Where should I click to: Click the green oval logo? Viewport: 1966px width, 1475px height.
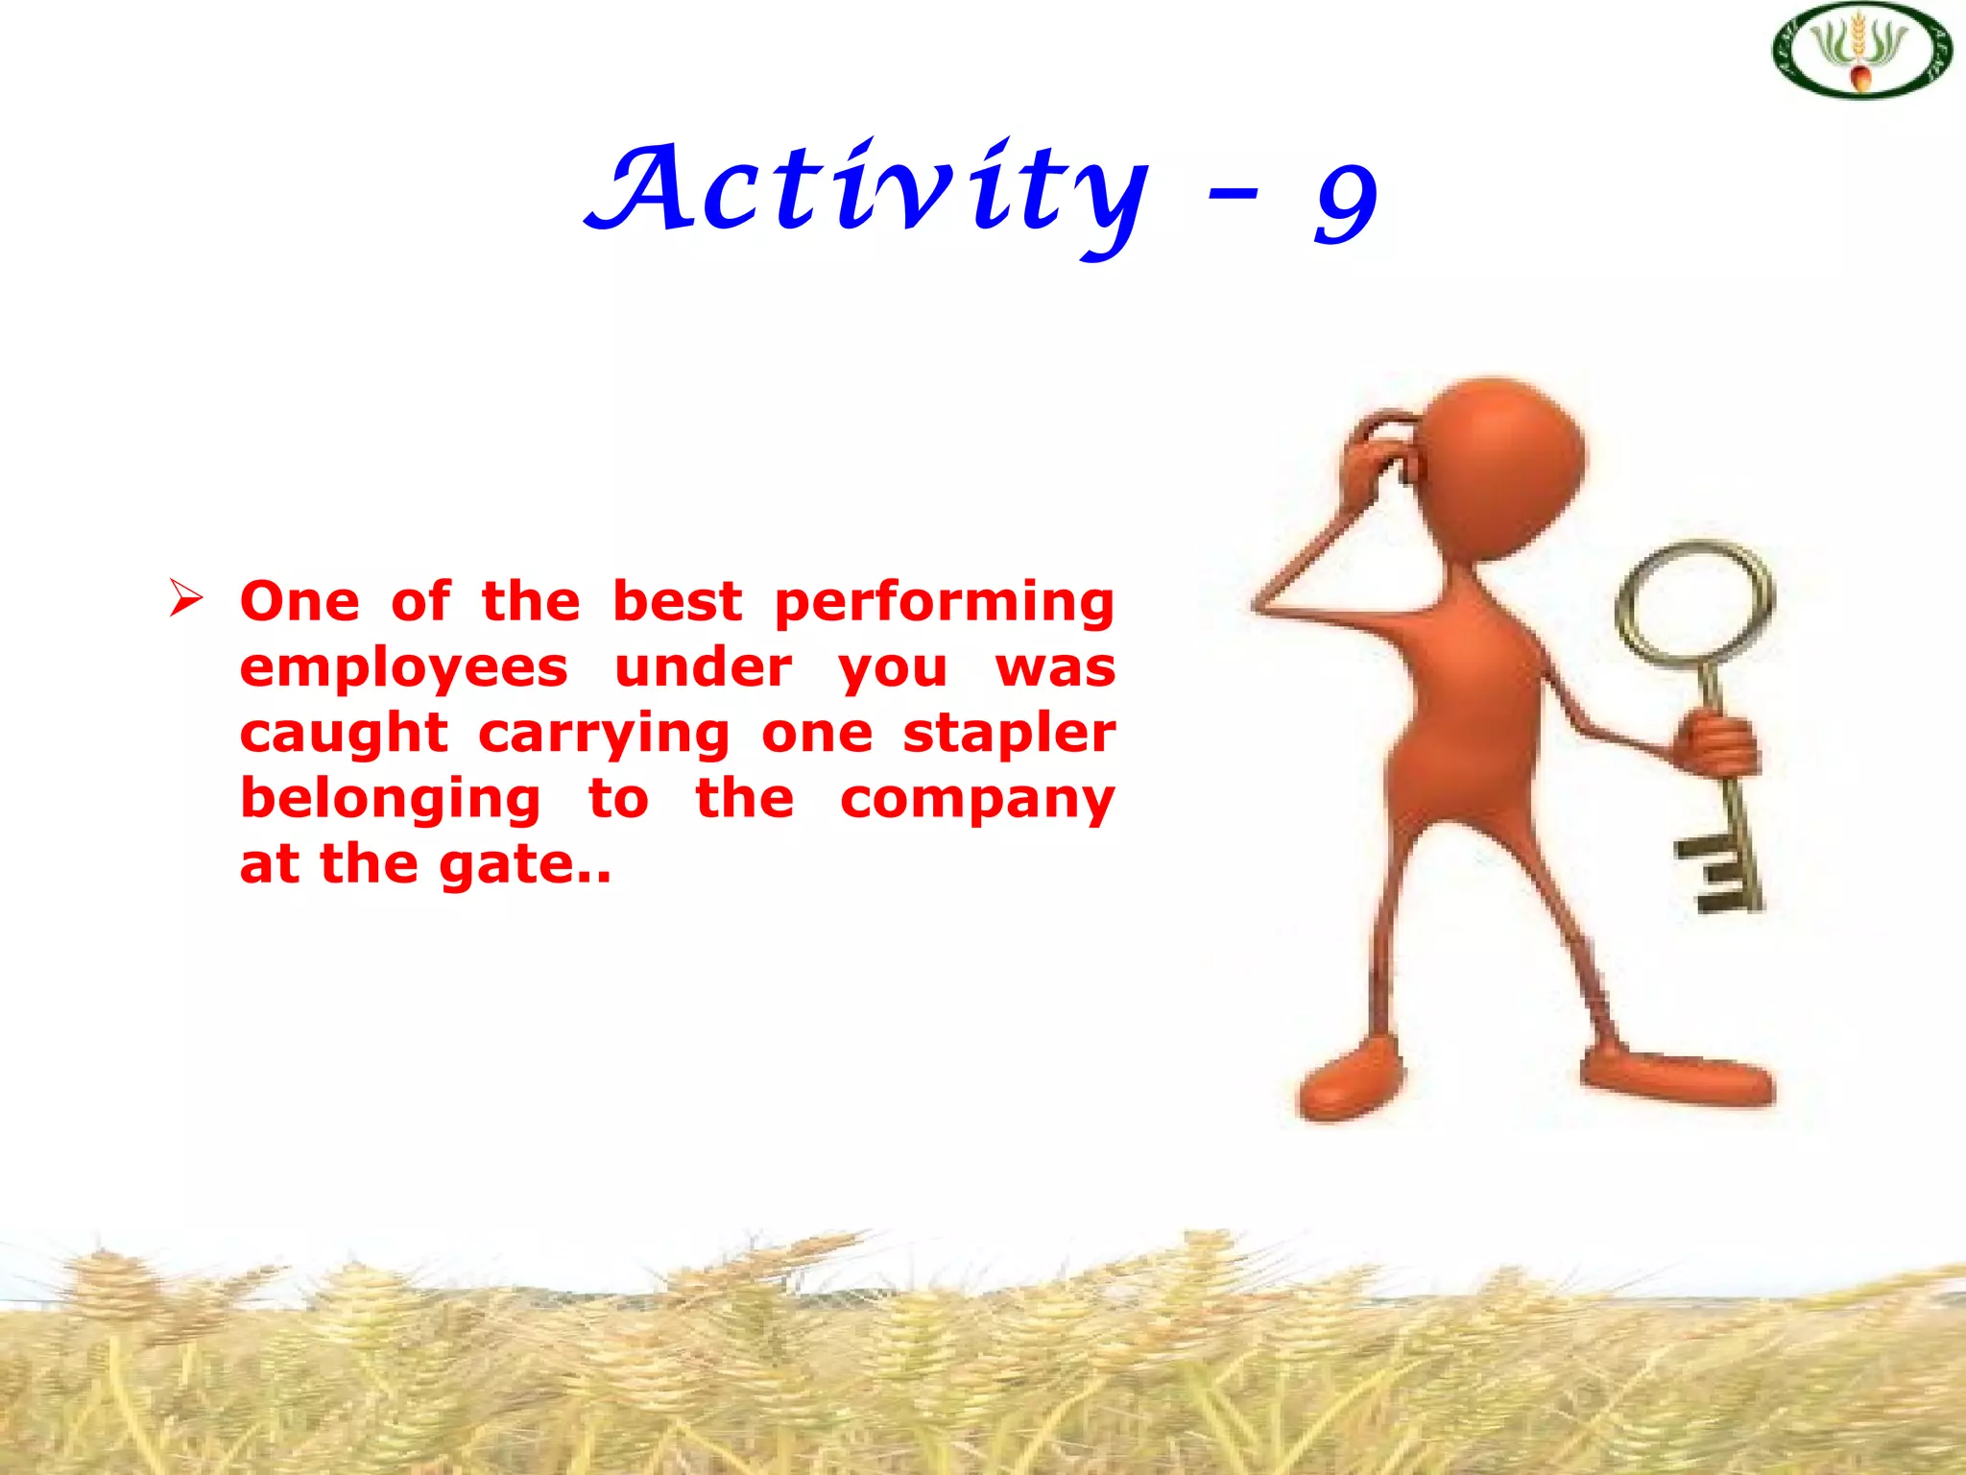1861,51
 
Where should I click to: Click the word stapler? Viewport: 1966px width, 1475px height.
1009,734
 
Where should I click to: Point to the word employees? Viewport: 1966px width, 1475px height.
404,669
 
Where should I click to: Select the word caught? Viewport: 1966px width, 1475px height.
344,735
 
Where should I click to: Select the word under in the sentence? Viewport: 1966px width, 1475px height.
704,668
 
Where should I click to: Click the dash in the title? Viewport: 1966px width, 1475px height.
1233,195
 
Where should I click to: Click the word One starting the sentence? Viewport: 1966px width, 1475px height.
300,603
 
